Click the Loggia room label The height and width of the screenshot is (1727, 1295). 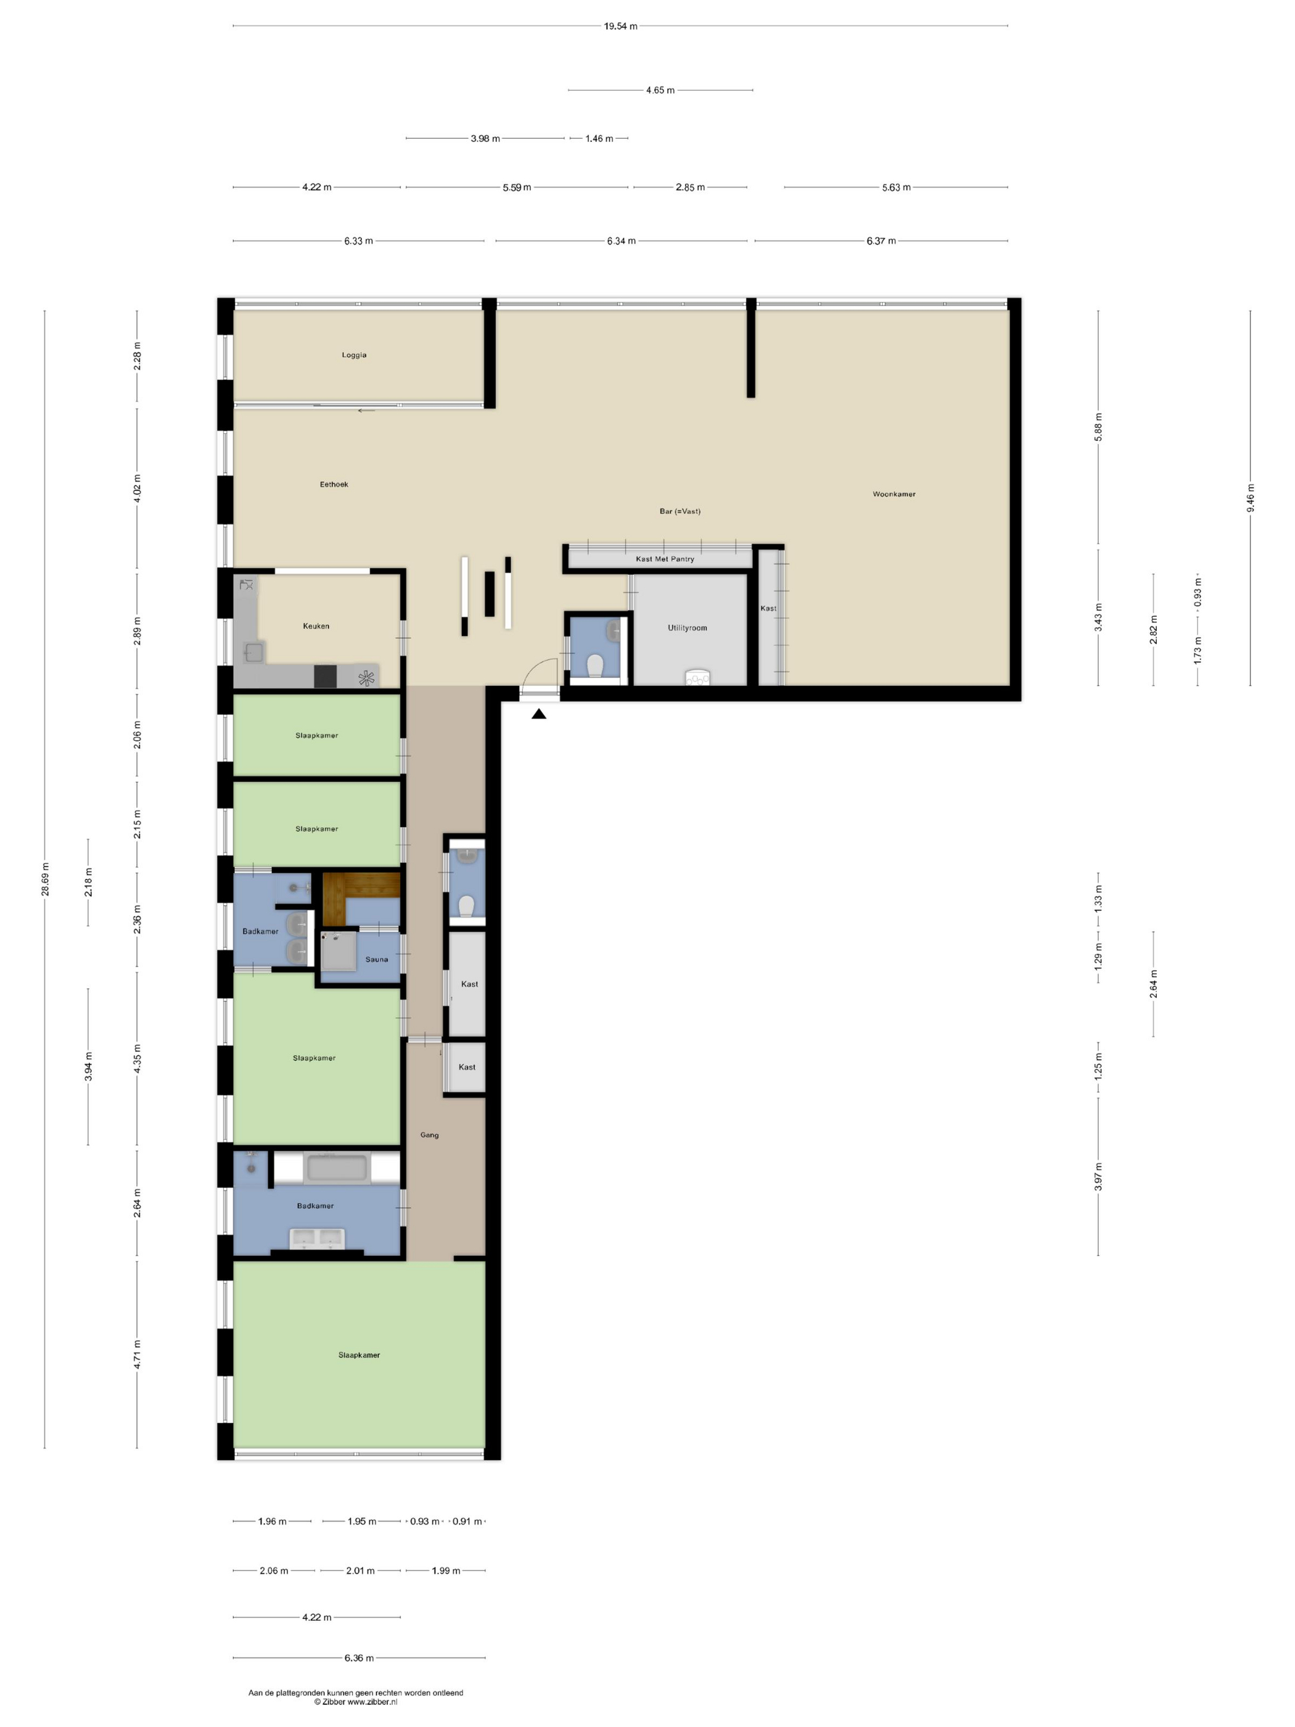click(353, 355)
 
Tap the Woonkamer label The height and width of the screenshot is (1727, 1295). click(894, 494)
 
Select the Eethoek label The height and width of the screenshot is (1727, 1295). click(334, 485)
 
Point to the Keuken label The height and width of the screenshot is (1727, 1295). click(316, 626)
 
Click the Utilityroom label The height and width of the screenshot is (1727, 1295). click(687, 628)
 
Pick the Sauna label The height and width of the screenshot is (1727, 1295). click(377, 960)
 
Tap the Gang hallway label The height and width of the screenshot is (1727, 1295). click(429, 1136)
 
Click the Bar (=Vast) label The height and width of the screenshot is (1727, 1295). click(680, 511)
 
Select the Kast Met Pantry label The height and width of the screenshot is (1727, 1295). click(665, 559)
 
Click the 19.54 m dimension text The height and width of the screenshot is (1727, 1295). click(620, 26)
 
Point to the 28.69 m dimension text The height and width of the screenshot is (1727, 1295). click(45, 880)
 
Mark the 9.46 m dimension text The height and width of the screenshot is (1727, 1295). click(1251, 498)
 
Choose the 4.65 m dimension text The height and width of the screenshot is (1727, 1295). click(660, 91)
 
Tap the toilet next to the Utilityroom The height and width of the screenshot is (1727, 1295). click(595, 666)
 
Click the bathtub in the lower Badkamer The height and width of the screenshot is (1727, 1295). click(337, 1169)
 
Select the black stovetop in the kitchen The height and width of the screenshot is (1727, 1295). click(326, 676)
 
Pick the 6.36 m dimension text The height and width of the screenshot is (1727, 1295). click(359, 1657)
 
